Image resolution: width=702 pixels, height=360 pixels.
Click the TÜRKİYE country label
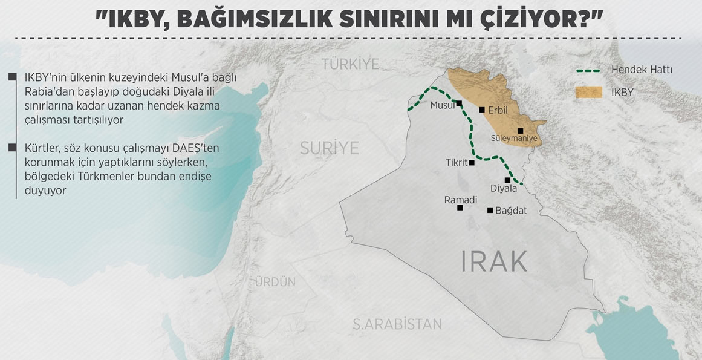pyautogui.click(x=350, y=64)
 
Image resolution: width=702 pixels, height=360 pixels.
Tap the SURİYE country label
pyautogui.click(x=330, y=148)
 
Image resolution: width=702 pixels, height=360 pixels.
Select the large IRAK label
pyautogui.click(x=494, y=261)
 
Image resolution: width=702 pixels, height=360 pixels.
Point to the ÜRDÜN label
pyautogui.click(x=275, y=282)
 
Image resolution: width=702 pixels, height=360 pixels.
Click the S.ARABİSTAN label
pyautogui.click(x=397, y=324)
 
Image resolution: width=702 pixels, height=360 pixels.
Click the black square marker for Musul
pyautogui.click(x=460, y=103)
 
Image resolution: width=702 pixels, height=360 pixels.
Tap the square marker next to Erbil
pyautogui.click(x=482, y=110)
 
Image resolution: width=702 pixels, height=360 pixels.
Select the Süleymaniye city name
pyautogui.click(x=514, y=139)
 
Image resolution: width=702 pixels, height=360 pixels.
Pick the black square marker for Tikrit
pyautogui.click(x=472, y=162)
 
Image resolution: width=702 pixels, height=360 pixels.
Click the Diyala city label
pyautogui.click(x=504, y=188)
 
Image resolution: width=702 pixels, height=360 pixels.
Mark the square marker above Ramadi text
pyautogui.click(x=460, y=208)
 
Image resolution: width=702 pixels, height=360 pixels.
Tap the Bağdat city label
pyautogui.click(x=511, y=211)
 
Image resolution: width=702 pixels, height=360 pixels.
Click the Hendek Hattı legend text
pyautogui.click(x=642, y=70)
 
